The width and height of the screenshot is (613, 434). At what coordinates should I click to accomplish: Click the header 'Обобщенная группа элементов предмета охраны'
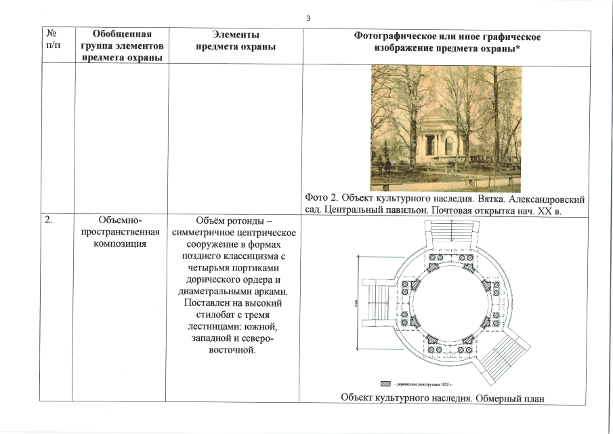click(121, 45)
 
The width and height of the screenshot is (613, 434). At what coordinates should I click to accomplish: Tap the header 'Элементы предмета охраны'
click(235, 40)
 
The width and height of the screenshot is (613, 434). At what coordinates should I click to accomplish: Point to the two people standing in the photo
click(386, 165)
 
